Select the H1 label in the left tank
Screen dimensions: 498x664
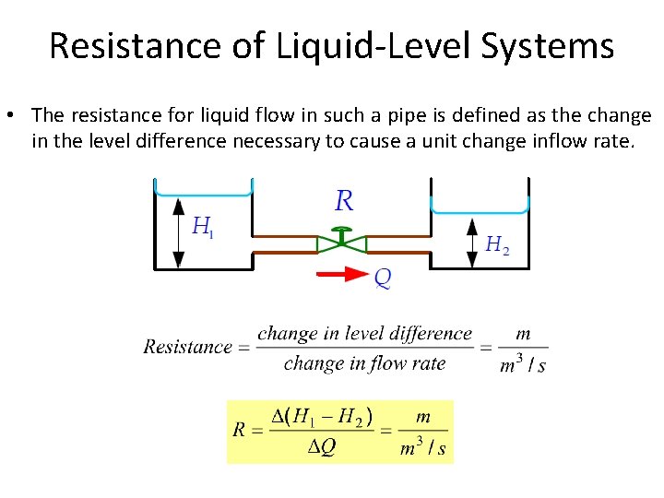click(202, 227)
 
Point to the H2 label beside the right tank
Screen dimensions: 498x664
click(497, 244)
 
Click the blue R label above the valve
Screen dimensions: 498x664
click(343, 200)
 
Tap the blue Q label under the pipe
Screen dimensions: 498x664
click(382, 278)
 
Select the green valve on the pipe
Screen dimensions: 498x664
click(341, 242)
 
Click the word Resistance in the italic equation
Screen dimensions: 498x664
click(187, 348)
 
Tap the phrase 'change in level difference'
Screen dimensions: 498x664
click(364, 334)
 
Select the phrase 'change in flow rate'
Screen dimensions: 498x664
click(364, 363)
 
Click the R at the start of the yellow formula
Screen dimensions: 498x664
click(240, 431)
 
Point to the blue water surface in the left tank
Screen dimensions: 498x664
click(204, 195)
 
